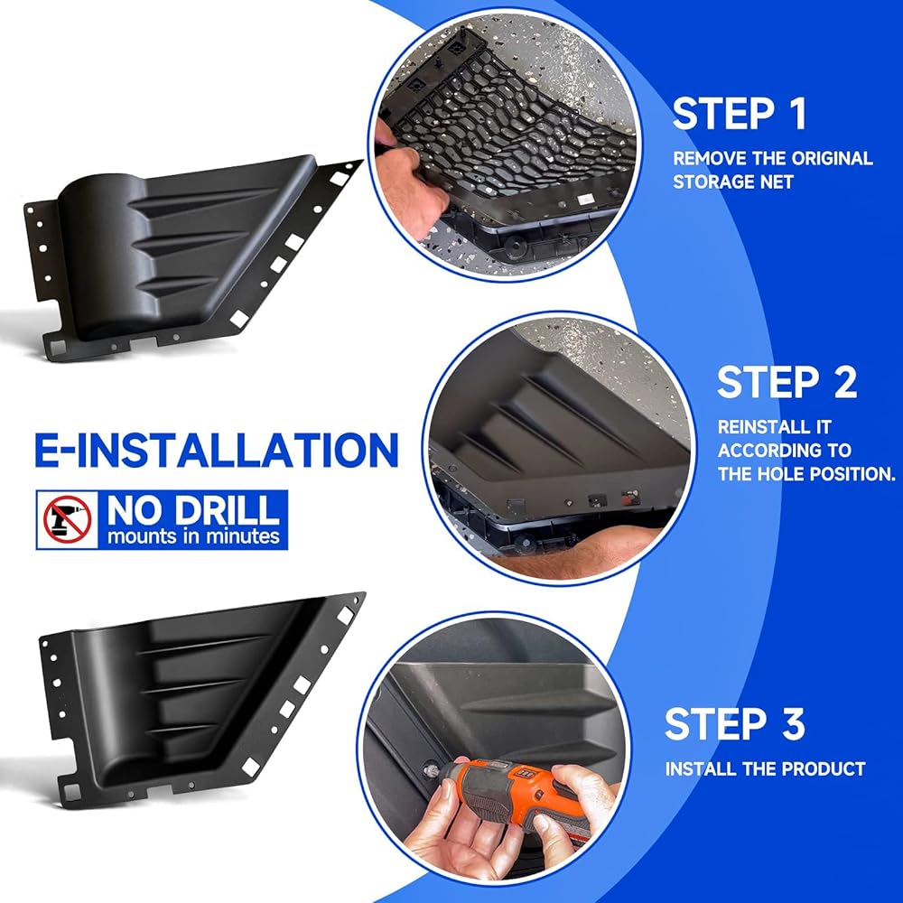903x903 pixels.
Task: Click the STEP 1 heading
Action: (x=740, y=114)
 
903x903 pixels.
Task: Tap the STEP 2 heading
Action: (x=787, y=382)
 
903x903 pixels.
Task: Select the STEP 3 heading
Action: (x=734, y=723)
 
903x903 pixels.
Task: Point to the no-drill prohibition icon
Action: (x=68, y=519)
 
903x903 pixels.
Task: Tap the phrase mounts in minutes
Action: (x=193, y=536)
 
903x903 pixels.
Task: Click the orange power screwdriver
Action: (x=518, y=799)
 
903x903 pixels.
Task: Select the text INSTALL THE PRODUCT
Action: (x=765, y=768)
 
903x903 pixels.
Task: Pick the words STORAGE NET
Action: (x=732, y=182)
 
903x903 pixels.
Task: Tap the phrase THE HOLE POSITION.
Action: (x=806, y=474)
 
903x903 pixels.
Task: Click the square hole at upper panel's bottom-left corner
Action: (x=58, y=347)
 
